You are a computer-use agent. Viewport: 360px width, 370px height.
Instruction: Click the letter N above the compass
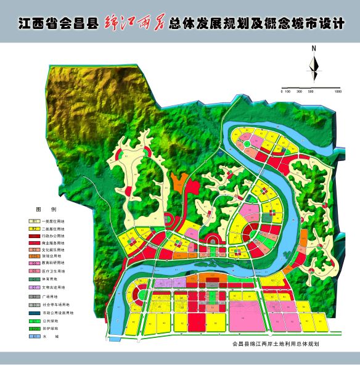pyautogui.click(x=314, y=47)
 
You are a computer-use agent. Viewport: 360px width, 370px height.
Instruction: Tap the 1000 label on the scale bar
pyautogui.click(x=338, y=91)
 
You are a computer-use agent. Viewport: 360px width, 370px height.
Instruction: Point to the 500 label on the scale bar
pyautogui.click(x=310, y=91)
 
